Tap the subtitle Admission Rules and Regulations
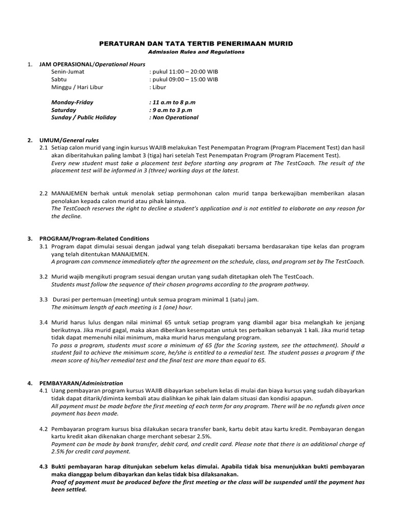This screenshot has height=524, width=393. pyautogui.click(x=196, y=52)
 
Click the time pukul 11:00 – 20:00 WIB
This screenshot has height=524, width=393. pyautogui.click(x=184, y=72)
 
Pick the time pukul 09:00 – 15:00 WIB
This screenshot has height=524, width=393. pyautogui.click(x=184, y=80)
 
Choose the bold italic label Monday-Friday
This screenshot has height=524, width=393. pyautogui.click(x=72, y=102)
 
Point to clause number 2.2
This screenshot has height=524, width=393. pyautogui.click(x=43, y=193)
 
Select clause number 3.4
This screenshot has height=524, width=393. pyautogui.click(x=43, y=322)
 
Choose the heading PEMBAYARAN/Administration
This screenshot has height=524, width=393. pyautogui.click(x=82, y=383)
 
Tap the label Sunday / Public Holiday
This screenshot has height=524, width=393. pyautogui.click(x=83, y=118)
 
